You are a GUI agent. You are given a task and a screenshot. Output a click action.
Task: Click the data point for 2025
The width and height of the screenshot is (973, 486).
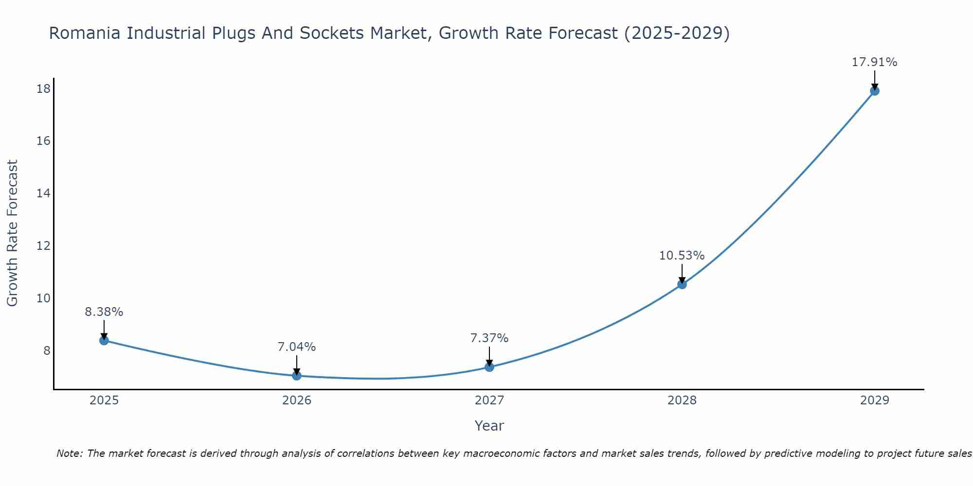click(104, 340)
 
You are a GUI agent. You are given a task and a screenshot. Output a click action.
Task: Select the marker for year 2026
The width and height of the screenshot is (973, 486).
click(297, 376)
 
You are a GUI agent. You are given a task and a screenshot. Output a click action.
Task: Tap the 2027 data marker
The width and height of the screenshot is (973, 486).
click(489, 367)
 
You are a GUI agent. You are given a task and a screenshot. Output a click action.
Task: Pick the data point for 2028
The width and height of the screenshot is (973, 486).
click(682, 284)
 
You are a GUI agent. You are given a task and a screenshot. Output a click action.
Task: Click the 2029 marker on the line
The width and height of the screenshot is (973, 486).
click(874, 91)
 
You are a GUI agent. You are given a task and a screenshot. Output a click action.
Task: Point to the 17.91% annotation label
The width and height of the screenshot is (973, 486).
click(874, 62)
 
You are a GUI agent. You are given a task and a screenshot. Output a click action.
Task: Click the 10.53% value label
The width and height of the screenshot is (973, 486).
click(682, 256)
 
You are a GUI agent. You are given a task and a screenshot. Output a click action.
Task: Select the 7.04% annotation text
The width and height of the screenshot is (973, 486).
click(297, 347)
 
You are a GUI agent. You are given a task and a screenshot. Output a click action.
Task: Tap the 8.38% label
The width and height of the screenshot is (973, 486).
click(104, 312)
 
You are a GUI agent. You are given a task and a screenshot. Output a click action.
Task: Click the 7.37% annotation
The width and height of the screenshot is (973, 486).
click(489, 338)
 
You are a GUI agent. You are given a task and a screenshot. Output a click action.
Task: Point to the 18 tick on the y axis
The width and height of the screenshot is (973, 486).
click(44, 88)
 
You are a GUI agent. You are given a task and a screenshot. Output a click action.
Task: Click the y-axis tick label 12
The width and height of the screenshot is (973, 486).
click(44, 246)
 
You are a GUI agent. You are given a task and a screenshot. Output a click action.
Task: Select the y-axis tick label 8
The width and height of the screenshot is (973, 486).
click(47, 350)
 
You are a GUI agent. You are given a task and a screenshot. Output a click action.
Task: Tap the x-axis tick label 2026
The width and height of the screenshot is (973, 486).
click(297, 400)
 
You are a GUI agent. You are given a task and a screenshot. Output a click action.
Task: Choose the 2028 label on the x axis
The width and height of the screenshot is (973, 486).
click(682, 400)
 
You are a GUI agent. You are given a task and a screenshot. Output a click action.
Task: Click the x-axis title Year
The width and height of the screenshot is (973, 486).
click(489, 426)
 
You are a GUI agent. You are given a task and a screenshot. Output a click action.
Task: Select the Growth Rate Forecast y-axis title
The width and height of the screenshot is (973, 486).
click(13, 233)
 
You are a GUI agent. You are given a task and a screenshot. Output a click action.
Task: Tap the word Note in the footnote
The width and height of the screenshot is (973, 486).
click(69, 453)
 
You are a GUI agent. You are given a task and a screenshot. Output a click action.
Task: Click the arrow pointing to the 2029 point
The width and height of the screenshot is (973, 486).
click(874, 80)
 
